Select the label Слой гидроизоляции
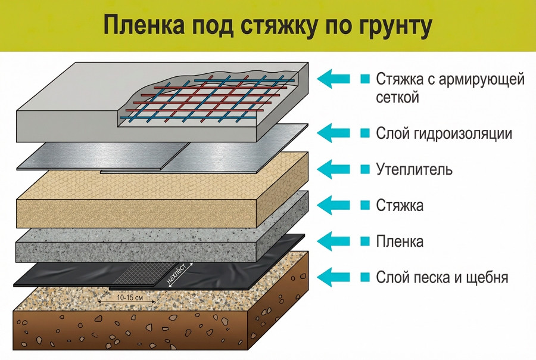point(444,133)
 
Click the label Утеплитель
point(415,169)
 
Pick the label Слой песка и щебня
point(442,277)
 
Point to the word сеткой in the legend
point(398,97)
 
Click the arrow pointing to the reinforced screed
point(336,78)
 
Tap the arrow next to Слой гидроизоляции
point(336,132)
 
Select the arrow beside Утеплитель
point(336,169)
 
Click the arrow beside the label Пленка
point(336,241)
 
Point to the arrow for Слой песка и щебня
point(336,277)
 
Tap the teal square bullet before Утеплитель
point(365,169)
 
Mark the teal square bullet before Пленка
point(365,241)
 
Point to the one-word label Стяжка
point(400,206)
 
